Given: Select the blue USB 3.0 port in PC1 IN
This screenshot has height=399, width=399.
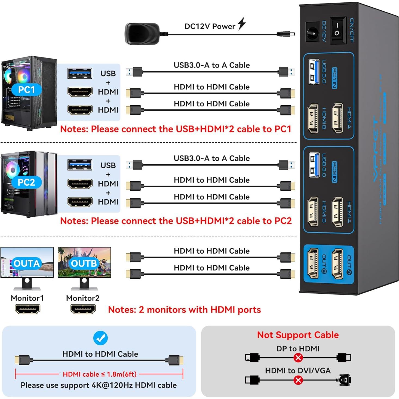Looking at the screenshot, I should [313, 72].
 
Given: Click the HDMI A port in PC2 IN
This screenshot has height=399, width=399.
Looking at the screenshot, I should [337, 212].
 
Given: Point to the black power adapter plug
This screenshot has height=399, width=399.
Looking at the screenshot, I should [142, 33].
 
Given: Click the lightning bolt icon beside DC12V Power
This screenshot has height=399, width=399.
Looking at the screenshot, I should [242, 24].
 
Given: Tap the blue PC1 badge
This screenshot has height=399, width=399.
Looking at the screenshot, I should [26, 90].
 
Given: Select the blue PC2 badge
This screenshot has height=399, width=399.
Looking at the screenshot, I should [26, 182].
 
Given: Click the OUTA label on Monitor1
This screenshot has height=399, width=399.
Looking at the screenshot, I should [27, 263].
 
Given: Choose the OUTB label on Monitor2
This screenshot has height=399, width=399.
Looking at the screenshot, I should [84, 263].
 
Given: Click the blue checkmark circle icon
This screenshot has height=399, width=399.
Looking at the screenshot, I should [100, 338].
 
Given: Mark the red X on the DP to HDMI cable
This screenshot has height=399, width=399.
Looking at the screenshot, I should [298, 357].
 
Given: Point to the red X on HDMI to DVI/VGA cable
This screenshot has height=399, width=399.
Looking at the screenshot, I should [298, 380].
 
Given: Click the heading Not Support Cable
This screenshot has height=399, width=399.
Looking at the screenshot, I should [298, 335].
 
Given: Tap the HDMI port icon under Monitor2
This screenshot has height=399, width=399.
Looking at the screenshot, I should [83, 309].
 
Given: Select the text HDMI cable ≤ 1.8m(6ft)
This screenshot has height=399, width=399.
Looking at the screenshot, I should [100, 374].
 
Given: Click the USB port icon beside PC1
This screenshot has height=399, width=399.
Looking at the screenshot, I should [80, 73].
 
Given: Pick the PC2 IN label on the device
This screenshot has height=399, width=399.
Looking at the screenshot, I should [334, 172].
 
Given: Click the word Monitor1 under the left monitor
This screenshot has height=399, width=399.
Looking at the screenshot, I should [27, 298].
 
